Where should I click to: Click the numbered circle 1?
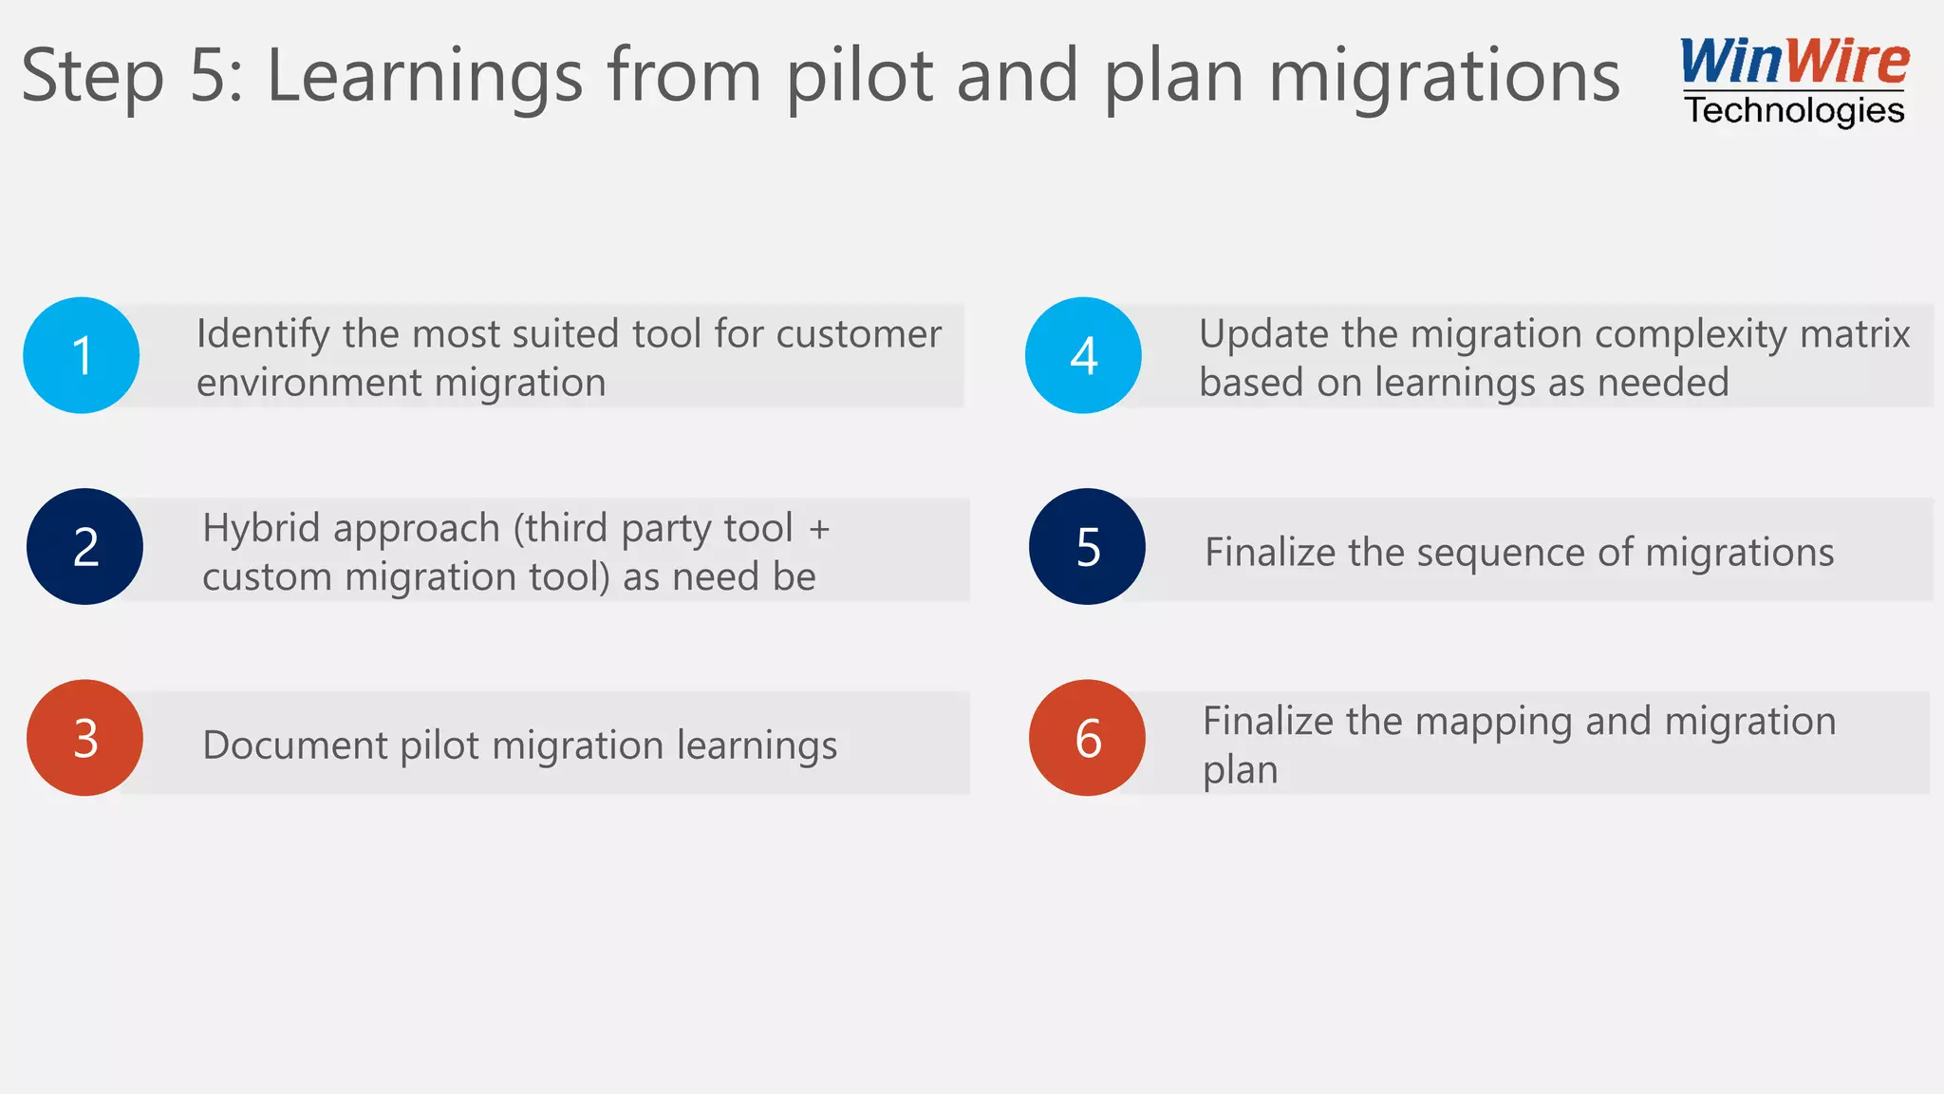coord(82,355)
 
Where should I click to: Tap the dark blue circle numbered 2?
coord(84,547)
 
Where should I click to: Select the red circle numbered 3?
coord(84,738)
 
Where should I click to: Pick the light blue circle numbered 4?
coord(1083,355)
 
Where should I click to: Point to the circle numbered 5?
coord(1087,547)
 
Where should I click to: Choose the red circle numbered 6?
coord(1087,738)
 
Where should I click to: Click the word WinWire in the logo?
coord(1794,62)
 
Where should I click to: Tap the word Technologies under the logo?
coord(1794,111)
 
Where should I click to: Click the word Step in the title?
coord(92,76)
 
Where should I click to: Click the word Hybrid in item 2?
coord(256,528)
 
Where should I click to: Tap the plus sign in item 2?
coord(819,529)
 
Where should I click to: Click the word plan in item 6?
coord(1240,770)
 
